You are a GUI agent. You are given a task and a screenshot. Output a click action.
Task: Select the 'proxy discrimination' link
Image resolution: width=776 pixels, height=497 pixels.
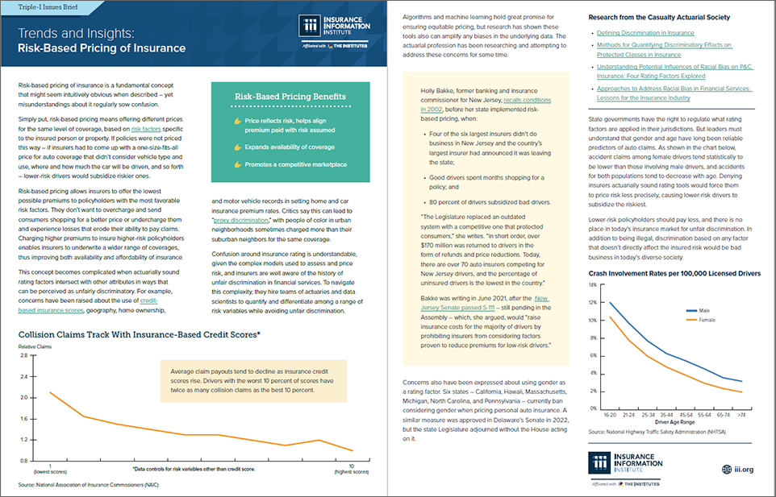click(240, 218)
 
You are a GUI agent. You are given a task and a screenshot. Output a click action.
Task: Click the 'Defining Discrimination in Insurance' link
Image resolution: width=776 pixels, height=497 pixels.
click(646, 33)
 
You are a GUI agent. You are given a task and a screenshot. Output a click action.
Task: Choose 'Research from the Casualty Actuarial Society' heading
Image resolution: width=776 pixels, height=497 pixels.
click(659, 17)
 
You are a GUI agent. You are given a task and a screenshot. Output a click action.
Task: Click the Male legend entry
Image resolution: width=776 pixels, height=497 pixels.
click(701, 310)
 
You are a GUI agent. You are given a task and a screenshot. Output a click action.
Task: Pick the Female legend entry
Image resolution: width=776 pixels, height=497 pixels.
click(703, 319)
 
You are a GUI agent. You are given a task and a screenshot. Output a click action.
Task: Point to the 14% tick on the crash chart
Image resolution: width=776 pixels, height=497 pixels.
click(594, 285)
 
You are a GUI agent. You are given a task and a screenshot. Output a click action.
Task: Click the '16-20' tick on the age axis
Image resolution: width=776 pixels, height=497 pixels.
click(610, 416)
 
